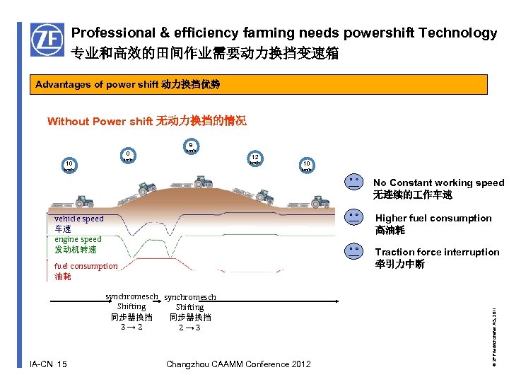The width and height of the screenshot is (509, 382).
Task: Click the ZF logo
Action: (47, 40)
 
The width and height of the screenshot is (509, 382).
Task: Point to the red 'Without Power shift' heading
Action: (98, 121)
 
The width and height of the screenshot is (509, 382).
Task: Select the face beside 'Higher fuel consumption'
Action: (353, 216)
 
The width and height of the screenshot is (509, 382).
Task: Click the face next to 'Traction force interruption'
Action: (353, 250)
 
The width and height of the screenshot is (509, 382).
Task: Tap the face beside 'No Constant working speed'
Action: (353, 183)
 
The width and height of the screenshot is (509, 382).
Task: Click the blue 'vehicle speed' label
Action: (78, 219)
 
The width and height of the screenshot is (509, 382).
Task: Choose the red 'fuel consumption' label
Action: (86, 266)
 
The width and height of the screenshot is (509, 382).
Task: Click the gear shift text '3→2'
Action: (131, 328)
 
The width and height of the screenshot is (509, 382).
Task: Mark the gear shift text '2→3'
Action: (189, 328)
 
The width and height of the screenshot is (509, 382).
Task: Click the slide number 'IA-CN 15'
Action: (49, 364)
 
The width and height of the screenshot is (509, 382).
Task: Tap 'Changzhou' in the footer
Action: (189, 364)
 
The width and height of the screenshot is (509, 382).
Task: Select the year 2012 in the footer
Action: (300, 364)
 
